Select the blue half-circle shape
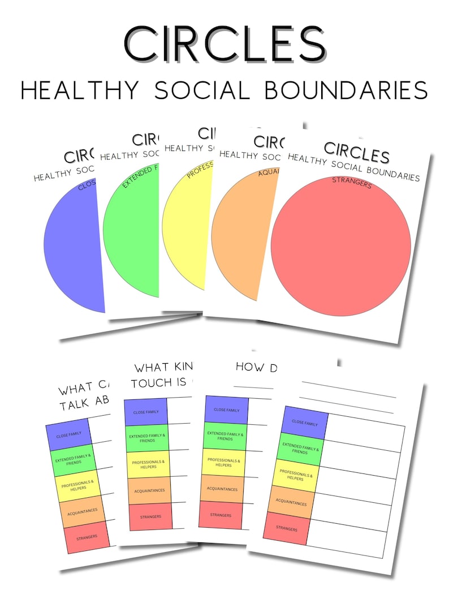tap(74, 246)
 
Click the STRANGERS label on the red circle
tap(351, 183)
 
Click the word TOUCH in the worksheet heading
tap(151, 382)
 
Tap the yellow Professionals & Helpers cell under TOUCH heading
tap(148, 464)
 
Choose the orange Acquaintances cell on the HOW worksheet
tap(222, 488)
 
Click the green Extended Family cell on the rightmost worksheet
tap(300, 449)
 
